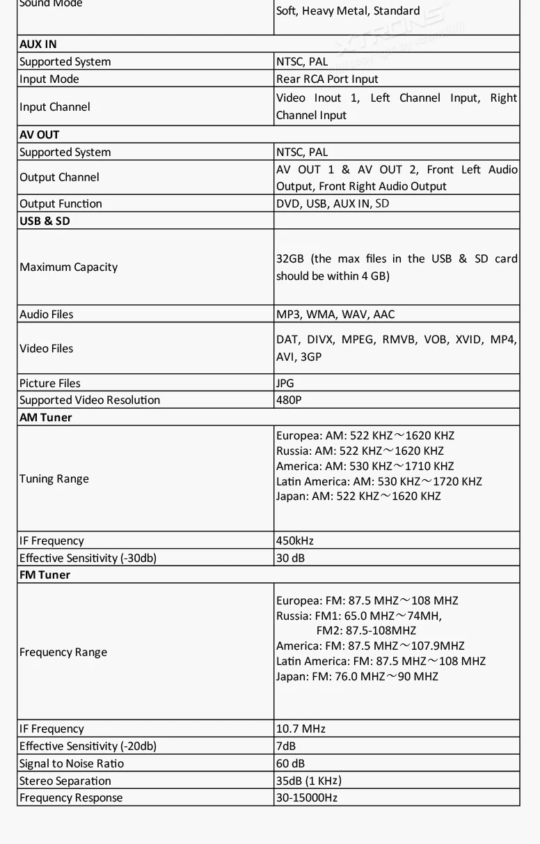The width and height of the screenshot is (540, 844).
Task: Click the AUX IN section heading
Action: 38,44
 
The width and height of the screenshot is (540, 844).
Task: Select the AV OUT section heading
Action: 40,134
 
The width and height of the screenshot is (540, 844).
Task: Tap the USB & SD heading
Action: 45,221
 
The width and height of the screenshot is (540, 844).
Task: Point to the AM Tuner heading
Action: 46,417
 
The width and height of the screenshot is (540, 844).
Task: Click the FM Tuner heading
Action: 45,575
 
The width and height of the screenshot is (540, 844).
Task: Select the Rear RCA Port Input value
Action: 327,79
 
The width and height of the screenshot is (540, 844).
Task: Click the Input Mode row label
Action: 49,79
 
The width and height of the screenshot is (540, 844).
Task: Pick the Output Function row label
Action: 61,203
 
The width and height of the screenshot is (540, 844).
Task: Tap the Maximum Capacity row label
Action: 69,267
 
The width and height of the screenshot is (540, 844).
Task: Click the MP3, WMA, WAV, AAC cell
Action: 335,314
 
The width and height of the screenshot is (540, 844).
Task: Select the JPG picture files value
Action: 285,383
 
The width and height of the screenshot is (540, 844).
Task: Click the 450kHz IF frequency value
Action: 295,540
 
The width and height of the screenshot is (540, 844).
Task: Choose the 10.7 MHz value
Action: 301,728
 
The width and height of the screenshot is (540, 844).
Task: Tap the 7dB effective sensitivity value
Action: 286,746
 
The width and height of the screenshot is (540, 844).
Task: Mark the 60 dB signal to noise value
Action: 291,763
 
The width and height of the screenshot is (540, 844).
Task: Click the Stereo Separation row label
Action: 65,781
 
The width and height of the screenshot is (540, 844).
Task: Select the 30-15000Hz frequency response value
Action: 307,797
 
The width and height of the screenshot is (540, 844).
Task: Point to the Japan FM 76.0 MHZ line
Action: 357,676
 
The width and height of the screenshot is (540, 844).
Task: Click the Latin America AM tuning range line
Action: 379,481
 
